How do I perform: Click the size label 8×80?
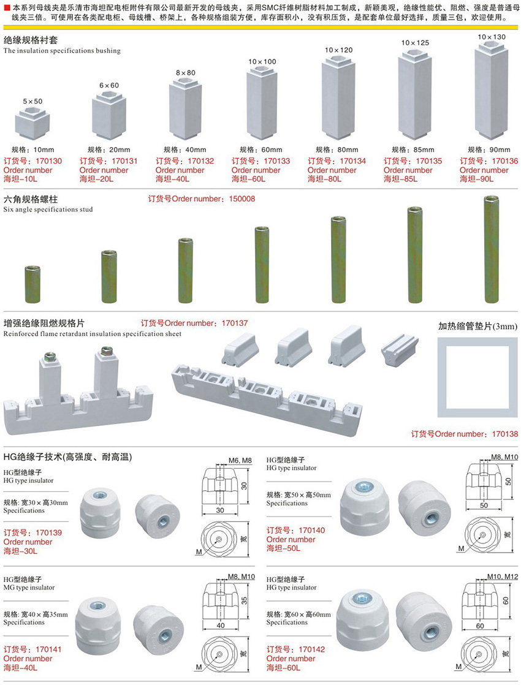point(186,72)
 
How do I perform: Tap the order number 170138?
point(504,434)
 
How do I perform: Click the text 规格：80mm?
point(337,150)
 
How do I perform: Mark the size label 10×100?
point(262,61)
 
